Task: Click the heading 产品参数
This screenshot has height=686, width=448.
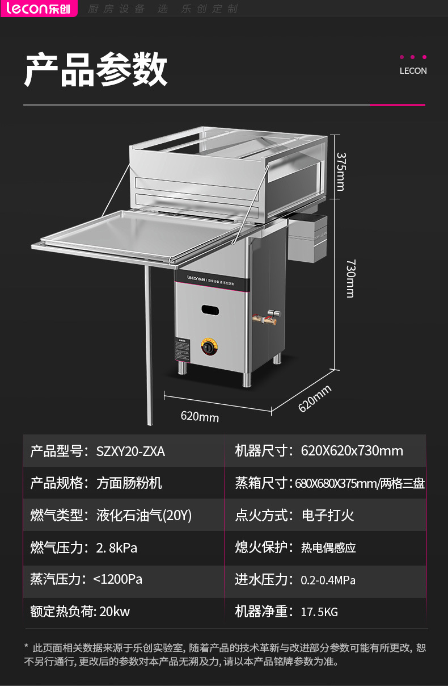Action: tap(96, 70)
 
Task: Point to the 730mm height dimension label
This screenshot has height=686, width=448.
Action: tap(350, 278)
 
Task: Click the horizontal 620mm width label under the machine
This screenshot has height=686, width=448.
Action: tap(200, 416)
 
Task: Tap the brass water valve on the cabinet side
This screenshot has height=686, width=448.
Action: tap(267, 318)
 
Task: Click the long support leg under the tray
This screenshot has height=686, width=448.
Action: tap(149, 346)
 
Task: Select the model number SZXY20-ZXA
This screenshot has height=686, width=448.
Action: tap(130, 451)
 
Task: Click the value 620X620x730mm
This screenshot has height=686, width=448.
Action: tap(352, 451)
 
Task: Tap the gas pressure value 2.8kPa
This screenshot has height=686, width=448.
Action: tap(116, 548)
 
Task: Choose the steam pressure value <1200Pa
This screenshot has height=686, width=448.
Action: tap(117, 579)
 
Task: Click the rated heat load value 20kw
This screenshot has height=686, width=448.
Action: tap(115, 612)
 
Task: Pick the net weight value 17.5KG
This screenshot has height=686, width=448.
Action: tap(319, 612)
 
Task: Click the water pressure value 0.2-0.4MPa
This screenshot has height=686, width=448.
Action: tap(328, 580)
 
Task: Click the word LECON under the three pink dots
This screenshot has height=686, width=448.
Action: tap(413, 71)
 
